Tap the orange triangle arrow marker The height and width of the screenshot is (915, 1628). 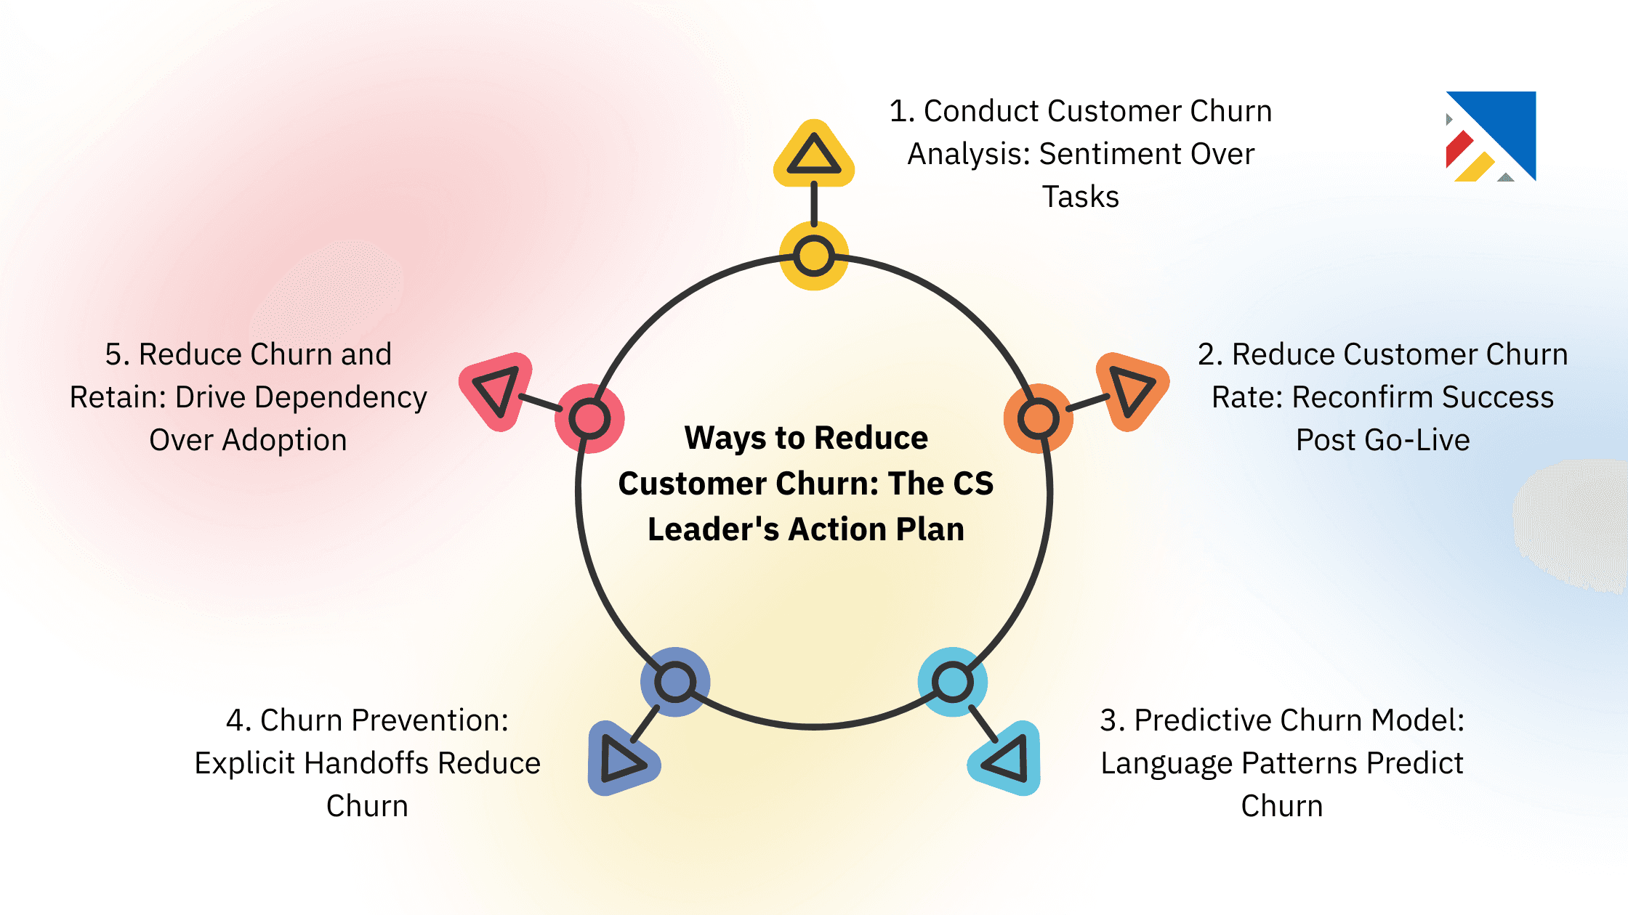click(1130, 391)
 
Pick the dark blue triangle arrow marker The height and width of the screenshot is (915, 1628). click(621, 760)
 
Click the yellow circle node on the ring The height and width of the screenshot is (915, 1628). click(814, 256)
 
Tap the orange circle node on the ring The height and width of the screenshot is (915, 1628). click(1038, 418)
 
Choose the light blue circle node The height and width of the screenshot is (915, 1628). click(952, 682)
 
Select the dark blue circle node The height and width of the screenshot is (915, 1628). click(675, 682)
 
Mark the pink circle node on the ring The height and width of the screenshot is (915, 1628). click(589, 418)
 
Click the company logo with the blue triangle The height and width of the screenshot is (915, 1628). click(1491, 136)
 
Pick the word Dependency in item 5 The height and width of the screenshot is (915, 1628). click(341, 398)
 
